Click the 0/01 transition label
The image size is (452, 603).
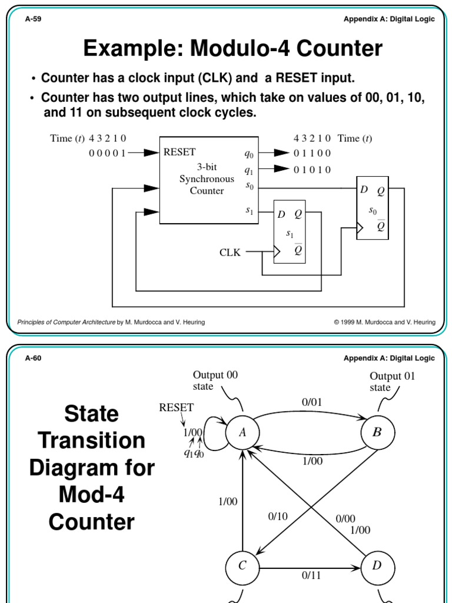click(312, 403)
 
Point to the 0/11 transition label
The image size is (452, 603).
click(311, 576)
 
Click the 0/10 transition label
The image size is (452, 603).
click(278, 516)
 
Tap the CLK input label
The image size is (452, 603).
click(230, 253)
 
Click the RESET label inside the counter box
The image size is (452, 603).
click(180, 153)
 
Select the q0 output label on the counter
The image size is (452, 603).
click(249, 154)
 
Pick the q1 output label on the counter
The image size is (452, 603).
click(249, 170)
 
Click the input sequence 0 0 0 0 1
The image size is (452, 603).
click(107, 153)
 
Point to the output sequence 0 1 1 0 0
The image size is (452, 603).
click(312, 154)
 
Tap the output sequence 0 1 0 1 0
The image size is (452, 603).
click(312, 170)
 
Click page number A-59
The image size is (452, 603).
click(33, 19)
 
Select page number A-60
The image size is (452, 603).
click(33, 359)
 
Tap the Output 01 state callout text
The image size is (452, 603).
click(392, 382)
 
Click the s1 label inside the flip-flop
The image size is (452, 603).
click(290, 234)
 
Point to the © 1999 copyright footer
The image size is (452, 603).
click(384, 322)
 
